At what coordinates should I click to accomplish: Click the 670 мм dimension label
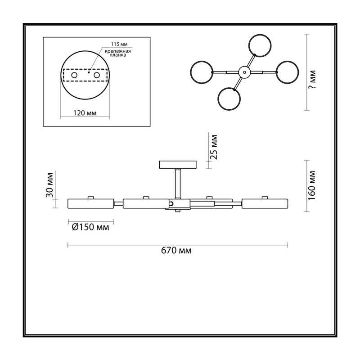(x=176, y=251)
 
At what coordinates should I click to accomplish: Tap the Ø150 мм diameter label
(x=90, y=227)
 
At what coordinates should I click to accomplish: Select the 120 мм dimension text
(x=85, y=113)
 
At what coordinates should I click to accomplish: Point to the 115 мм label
(x=119, y=44)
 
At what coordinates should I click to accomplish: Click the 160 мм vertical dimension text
(x=312, y=185)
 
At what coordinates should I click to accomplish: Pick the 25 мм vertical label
(x=213, y=147)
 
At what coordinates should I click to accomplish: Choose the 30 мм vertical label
(x=49, y=185)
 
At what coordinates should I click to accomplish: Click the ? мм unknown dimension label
(x=312, y=80)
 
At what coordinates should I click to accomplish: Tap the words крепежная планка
(x=118, y=53)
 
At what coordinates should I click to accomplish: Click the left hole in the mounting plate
(x=74, y=75)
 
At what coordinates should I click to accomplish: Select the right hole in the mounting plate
(x=97, y=75)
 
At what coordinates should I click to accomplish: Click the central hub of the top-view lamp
(x=244, y=72)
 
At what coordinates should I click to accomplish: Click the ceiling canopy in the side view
(x=178, y=165)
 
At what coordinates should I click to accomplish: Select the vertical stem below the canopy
(x=178, y=184)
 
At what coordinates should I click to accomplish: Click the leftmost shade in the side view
(x=91, y=204)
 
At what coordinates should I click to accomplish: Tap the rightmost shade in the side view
(x=265, y=204)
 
